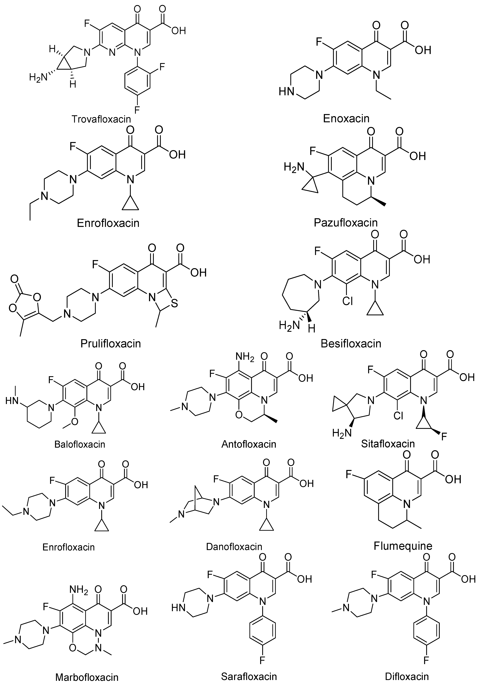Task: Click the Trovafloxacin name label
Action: (101, 119)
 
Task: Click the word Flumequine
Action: (403, 546)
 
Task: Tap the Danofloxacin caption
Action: (234, 547)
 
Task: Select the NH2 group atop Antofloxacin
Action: (245, 357)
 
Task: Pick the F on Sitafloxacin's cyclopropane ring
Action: (444, 437)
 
